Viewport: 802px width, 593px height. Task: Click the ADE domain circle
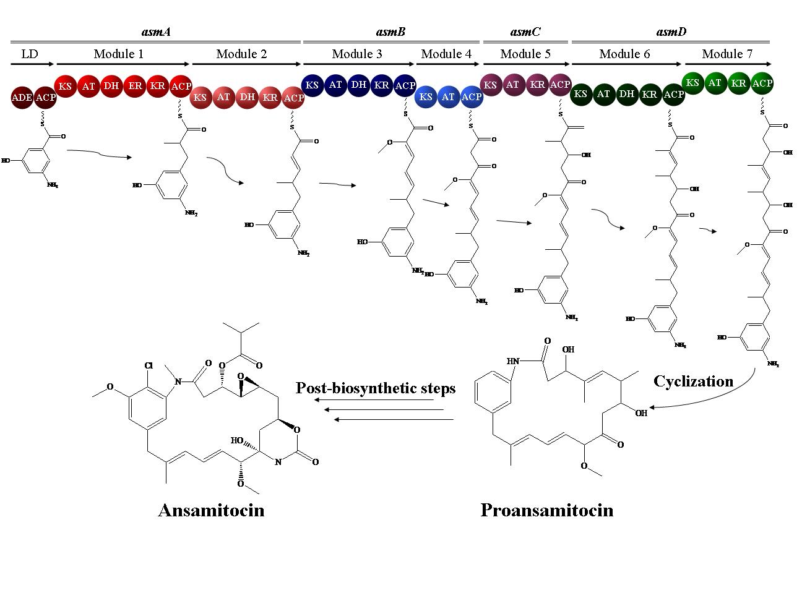click(x=22, y=98)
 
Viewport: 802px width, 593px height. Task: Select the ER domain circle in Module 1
click(x=134, y=85)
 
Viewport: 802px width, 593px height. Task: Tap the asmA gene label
click(x=155, y=32)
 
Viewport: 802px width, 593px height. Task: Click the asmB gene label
click(x=390, y=32)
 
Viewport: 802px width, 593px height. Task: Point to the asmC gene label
click(x=525, y=32)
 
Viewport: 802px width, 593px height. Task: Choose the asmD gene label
click(x=671, y=32)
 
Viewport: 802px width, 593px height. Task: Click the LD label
click(x=30, y=54)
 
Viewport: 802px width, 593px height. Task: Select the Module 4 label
click(x=446, y=54)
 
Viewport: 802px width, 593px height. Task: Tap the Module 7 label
click(x=727, y=54)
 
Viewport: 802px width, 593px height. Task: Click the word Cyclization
click(x=693, y=381)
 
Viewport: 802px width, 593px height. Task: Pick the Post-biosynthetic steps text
click(x=376, y=388)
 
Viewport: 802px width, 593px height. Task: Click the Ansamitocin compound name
click(x=211, y=510)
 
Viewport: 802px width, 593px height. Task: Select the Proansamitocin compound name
click(x=547, y=510)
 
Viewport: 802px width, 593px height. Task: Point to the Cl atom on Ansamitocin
click(x=149, y=365)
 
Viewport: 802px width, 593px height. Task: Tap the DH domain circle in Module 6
click(x=627, y=94)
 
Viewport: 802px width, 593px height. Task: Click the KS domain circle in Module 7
click(x=693, y=83)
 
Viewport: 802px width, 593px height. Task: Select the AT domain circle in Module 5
click(x=513, y=84)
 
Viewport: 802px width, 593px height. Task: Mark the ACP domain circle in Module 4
click(x=472, y=97)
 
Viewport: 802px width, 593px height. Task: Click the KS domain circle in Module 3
click(x=313, y=84)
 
